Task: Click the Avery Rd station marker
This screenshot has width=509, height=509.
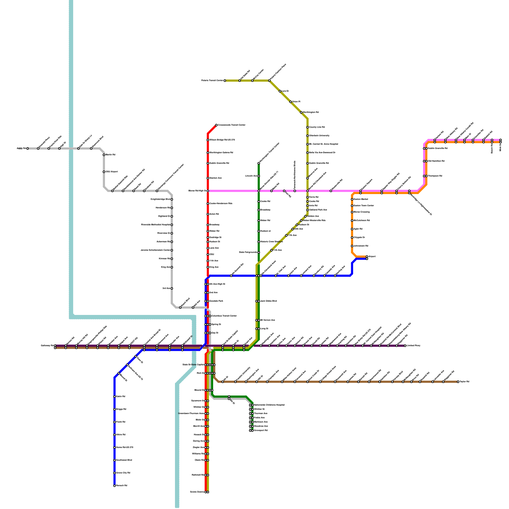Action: [x=28, y=149]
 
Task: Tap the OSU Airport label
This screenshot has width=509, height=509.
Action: [x=112, y=172]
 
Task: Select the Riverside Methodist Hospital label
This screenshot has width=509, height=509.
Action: [x=156, y=225]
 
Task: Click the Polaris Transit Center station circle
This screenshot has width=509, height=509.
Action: [x=225, y=81]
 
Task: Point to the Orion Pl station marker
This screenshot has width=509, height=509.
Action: [x=290, y=102]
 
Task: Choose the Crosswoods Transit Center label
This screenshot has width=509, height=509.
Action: [x=232, y=125]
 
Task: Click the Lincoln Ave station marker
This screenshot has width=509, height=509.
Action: [x=259, y=176]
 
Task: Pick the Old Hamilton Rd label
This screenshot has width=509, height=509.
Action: [x=436, y=161]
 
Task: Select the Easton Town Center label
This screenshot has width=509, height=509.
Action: [x=364, y=206]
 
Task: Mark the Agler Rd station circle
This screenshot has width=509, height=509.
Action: [x=352, y=229]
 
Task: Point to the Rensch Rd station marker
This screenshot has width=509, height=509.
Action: [x=115, y=486]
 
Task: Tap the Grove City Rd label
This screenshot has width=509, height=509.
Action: [x=123, y=473]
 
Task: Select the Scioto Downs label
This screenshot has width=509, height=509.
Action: [x=197, y=492]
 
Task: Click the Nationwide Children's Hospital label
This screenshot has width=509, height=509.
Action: [x=269, y=405]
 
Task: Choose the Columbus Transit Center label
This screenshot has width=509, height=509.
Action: [x=224, y=316]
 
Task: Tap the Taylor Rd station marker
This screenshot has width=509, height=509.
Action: [x=458, y=382]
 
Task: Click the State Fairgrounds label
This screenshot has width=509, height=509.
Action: [x=248, y=252]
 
